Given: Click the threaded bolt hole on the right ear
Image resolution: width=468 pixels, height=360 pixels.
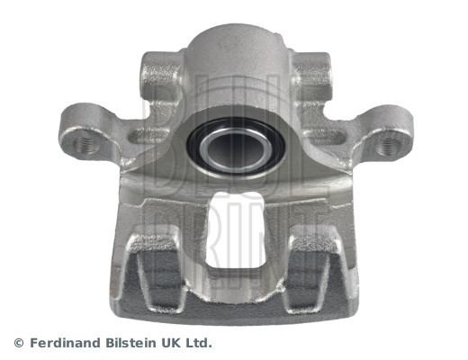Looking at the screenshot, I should pyautogui.click(x=389, y=142).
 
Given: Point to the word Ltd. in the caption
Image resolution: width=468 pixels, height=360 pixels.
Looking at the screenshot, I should pyautogui.click(x=200, y=343).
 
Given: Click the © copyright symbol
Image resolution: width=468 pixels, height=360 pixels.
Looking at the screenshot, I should pyautogui.click(x=19, y=343).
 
